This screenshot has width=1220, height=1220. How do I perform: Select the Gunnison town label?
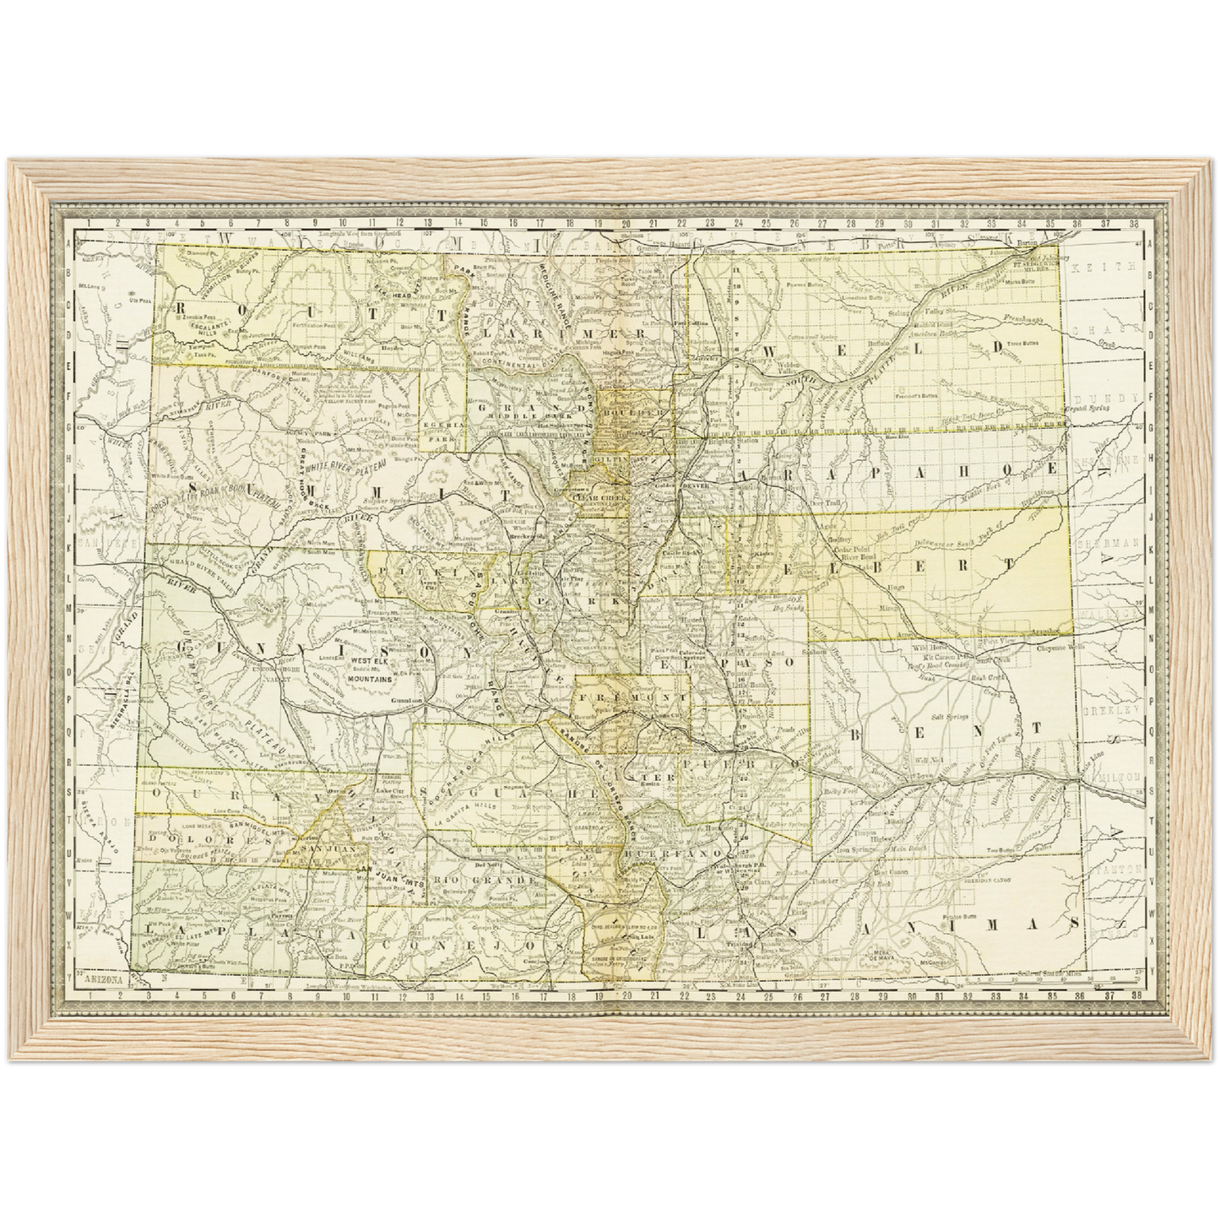pos(406,701)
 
